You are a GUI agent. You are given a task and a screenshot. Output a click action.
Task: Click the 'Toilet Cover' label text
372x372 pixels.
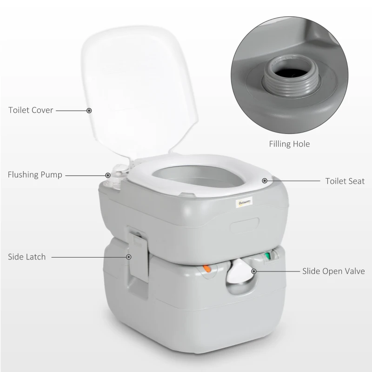tap(31, 111)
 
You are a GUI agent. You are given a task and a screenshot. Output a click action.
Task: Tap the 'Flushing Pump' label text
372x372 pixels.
tap(35, 175)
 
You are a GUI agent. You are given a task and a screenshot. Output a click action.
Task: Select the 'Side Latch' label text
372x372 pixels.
tap(27, 257)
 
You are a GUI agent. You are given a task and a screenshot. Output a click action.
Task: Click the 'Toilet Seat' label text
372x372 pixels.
tap(345, 181)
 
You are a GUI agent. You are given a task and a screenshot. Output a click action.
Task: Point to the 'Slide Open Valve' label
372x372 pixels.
tap(333, 271)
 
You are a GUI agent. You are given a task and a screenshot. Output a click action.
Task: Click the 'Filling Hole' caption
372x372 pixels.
tap(289, 144)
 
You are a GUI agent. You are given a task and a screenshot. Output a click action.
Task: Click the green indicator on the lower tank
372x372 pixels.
tap(267, 255)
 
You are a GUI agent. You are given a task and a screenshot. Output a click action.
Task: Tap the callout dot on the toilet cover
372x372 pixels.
tap(89, 111)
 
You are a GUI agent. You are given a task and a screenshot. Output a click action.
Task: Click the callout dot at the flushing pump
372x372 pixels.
tap(108, 175)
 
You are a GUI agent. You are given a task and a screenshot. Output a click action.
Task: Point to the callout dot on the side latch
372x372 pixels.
tap(128, 257)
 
